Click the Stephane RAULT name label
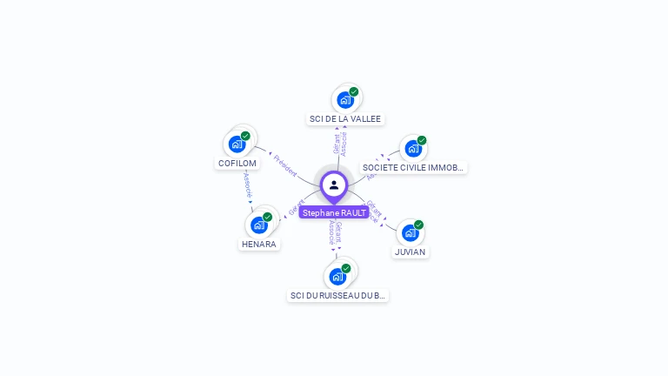click(334, 212)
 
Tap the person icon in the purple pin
click(334, 185)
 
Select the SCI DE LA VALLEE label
click(345, 118)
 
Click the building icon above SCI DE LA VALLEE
click(345, 99)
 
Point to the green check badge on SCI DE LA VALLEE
click(354, 91)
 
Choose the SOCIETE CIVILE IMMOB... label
click(414, 167)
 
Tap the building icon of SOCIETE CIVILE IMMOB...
click(412, 148)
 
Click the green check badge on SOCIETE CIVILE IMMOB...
click(422, 140)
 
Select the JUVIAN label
click(410, 252)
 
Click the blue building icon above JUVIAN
click(410, 232)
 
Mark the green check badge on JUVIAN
click(418, 225)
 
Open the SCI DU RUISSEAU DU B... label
click(337, 295)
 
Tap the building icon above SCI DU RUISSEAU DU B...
click(337, 277)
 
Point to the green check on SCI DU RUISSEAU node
click(346, 268)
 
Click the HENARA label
click(258, 244)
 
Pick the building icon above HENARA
click(258, 225)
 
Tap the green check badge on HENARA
click(267, 217)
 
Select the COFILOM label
click(237, 163)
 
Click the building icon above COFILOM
click(237, 144)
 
